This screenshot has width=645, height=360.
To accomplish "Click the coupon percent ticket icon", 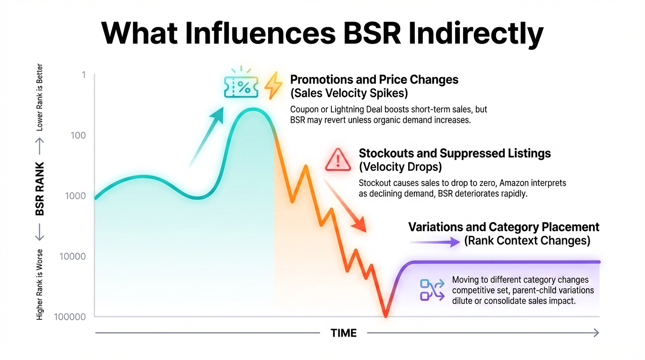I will pos(241,86).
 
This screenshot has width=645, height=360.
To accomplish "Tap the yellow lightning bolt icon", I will pos(273,86).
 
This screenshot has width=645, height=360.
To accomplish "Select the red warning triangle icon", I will pos(337,159).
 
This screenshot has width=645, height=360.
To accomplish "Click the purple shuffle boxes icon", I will pos(432,289).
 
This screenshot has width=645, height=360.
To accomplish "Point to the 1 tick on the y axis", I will pos(83,75).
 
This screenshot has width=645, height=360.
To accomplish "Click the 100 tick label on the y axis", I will pos(78,135).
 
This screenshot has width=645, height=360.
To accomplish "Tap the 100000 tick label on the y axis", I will pos(70,317).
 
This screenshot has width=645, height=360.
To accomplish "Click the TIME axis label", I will pos(344,333).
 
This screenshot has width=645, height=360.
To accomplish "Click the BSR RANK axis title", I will pos(40,189).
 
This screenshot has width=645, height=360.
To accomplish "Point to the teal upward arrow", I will pos(206,136).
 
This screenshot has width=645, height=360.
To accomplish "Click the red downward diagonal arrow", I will pos(345,206).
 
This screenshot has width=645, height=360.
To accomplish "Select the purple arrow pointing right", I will pos(435,242).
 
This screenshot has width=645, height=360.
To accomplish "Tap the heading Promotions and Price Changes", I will pos(374,80).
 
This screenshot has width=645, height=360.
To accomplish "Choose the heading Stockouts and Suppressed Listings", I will pos(455,153).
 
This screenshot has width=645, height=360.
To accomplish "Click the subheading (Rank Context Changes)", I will pos(527,241).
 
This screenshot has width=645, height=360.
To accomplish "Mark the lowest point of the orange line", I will pos(386,316).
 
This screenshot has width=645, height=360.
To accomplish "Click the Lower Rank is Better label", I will pos(40,97).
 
